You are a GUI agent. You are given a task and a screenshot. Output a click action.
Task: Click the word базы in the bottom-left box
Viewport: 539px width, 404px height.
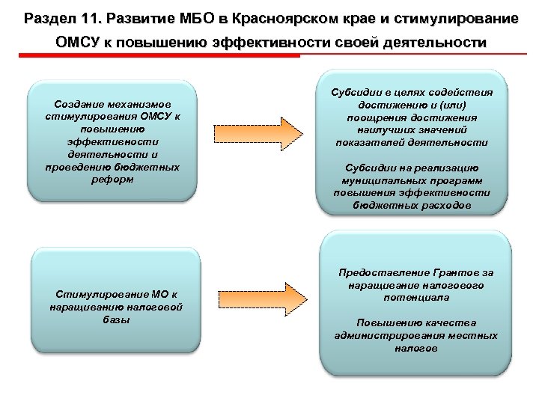(x=115, y=319)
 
